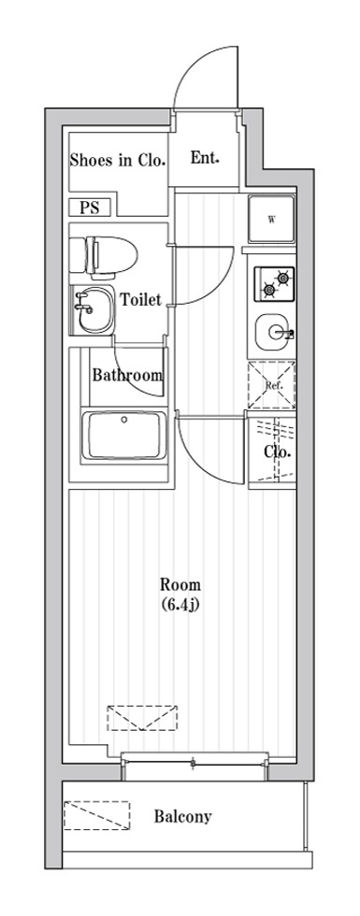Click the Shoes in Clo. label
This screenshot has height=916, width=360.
[118, 160]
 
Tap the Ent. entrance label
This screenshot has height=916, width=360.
[205, 158]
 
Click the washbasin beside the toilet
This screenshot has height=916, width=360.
[93, 309]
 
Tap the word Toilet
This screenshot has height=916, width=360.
[140, 300]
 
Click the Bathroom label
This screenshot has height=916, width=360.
[127, 375]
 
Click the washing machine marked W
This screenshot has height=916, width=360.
[271, 219]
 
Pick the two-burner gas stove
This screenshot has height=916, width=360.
[274, 284]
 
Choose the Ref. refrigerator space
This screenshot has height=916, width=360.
[271, 385]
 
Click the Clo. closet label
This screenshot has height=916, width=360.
[278, 451]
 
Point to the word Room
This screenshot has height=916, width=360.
[180, 584]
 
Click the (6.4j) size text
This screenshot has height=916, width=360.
[181, 604]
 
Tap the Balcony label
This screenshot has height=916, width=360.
[183, 816]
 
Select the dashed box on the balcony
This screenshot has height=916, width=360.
[96, 815]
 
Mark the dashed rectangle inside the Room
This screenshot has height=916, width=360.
[142, 718]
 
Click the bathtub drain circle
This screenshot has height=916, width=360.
[123, 419]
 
